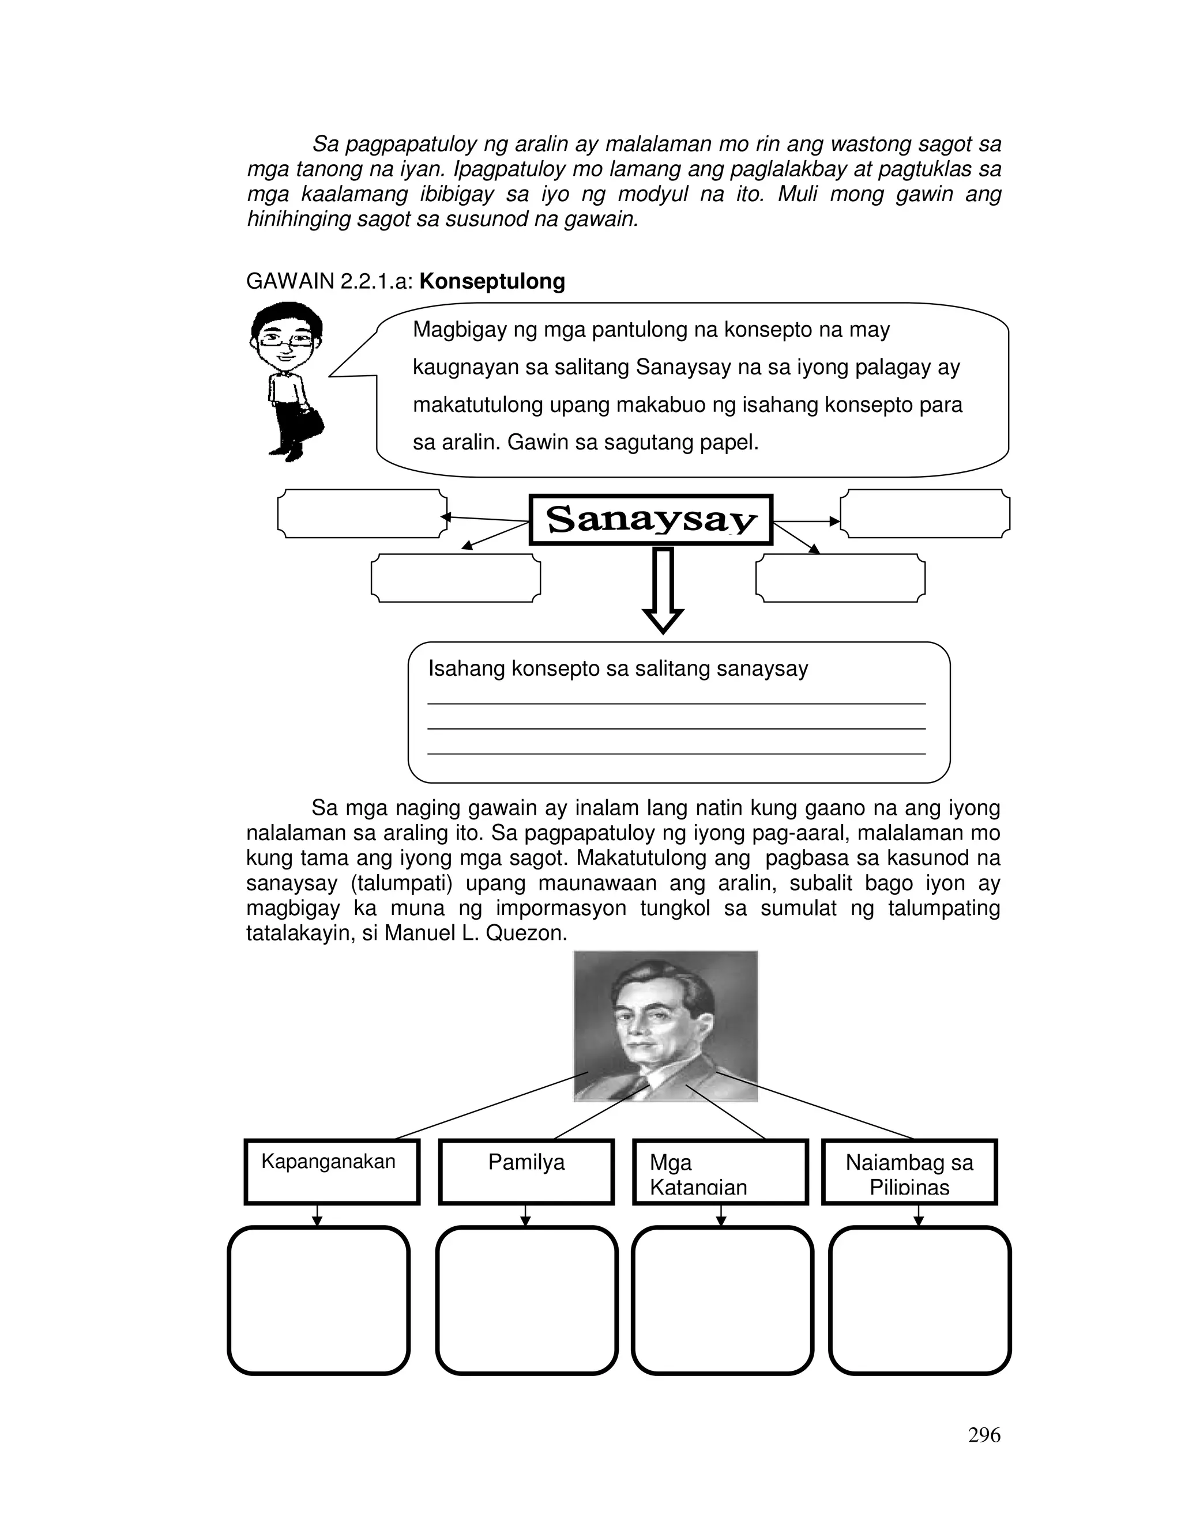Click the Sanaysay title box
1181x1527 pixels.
tap(650, 520)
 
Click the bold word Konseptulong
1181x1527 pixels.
tap(492, 281)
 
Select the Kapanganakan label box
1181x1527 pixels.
tap(332, 1172)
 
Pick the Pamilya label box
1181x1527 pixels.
tap(526, 1172)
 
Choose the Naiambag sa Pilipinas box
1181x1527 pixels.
tap(909, 1172)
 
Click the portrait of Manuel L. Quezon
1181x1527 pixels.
tap(665, 1025)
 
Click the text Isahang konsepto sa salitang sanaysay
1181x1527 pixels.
tap(618, 669)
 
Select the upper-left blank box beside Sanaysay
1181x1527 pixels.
tap(362, 513)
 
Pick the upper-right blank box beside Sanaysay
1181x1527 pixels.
tap(924, 513)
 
